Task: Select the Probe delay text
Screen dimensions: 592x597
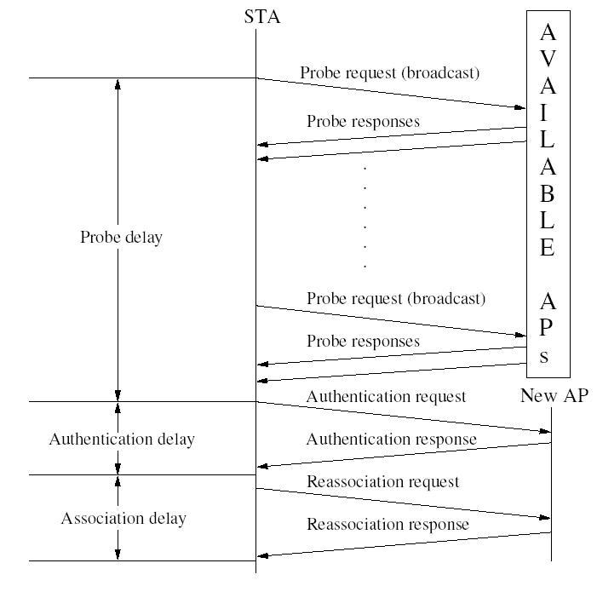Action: (121, 238)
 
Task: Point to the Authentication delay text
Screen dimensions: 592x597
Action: (122, 440)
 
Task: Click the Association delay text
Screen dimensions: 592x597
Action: (123, 518)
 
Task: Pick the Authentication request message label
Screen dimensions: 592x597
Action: (386, 396)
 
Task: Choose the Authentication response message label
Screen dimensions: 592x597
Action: (391, 440)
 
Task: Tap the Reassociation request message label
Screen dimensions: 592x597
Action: (382, 481)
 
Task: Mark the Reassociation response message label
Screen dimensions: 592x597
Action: (387, 524)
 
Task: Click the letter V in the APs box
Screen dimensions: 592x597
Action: (548, 60)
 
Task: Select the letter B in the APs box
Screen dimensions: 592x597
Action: (548, 193)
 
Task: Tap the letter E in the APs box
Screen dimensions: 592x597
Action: (548, 248)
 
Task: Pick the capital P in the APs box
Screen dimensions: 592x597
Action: (548, 328)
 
